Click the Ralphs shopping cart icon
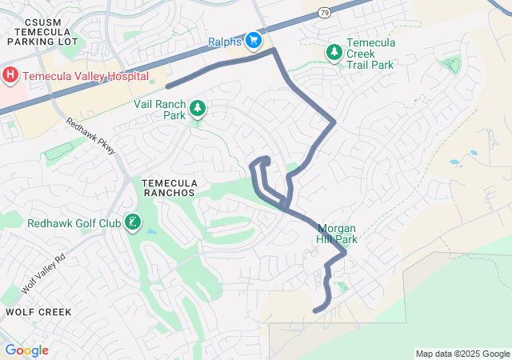tap(254, 39)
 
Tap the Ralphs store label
tap(225, 41)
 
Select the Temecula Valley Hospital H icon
tap(10, 76)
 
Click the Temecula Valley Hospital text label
tap(86, 77)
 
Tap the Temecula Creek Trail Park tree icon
tap(334, 52)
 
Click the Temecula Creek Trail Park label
tap(370, 54)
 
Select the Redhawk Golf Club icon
tap(134, 222)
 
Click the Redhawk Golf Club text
tap(74, 223)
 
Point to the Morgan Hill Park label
tap(337, 234)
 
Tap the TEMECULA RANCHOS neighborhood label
tap(168, 188)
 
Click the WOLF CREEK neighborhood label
tap(38, 311)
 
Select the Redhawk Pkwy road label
tap(91, 137)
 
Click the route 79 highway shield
tap(322, 12)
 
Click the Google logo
tap(26, 350)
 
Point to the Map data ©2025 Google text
tap(462, 354)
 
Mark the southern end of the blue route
tap(315, 310)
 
